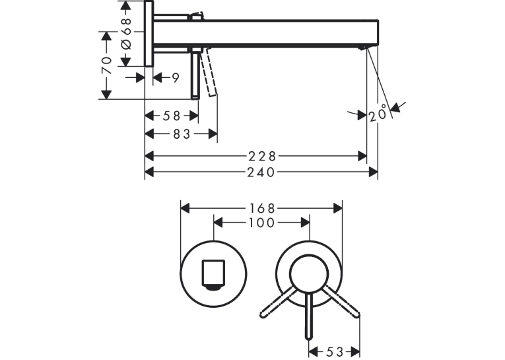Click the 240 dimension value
(261, 172)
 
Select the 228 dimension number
(262, 157)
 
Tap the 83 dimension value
(182, 134)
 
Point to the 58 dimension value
(172, 116)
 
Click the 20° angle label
(378, 113)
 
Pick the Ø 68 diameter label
(126, 34)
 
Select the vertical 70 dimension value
(106, 65)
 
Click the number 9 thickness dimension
(176, 78)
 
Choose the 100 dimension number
(262, 223)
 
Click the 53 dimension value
(335, 351)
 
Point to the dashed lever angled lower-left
(277, 302)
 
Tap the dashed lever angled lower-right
(342, 302)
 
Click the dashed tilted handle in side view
(209, 72)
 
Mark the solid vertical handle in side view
(195, 74)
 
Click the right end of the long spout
(378, 32)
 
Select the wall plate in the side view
(149, 34)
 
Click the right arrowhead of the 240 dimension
(373, 172)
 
